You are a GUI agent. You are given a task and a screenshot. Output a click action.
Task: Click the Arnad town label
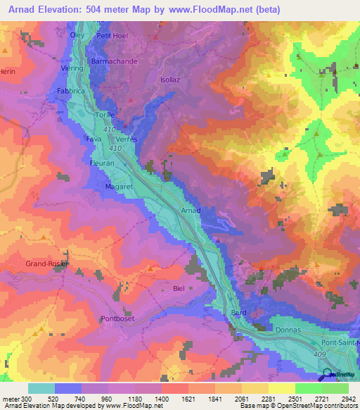pos(191,211)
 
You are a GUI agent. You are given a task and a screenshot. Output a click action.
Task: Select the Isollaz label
pos(172,80)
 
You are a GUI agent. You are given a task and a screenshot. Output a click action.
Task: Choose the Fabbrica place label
pos(72,91)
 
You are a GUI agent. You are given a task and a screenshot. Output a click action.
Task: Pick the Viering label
pos(77,69)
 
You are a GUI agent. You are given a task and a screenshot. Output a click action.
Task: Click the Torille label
pos(105,113)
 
